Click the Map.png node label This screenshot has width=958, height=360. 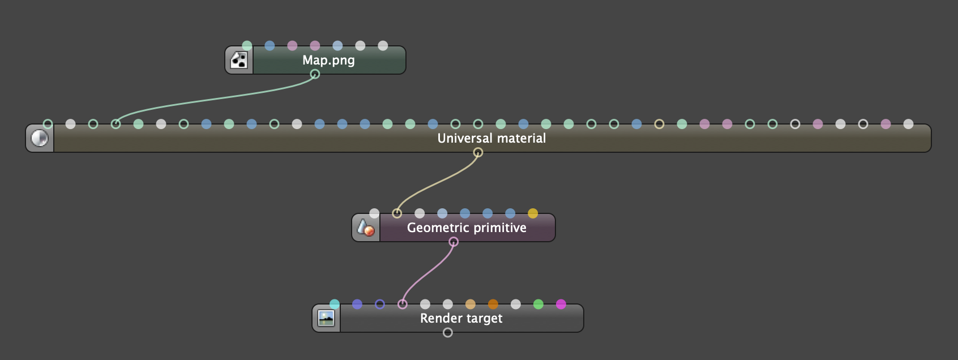coord(328,61)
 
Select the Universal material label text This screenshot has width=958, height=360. coord(491,139)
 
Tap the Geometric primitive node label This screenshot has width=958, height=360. coord(467,228)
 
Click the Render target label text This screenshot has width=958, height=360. coord(461,319)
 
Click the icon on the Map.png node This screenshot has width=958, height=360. coord(239,61)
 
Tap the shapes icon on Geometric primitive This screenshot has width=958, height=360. coord(366,228)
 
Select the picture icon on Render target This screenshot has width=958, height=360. coord(326,319)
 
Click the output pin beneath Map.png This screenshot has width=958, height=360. coord(315,74)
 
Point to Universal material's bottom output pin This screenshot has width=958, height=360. coord(478,152)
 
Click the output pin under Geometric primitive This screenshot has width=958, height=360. coord(454,242)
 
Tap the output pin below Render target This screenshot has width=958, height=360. coord(448,332)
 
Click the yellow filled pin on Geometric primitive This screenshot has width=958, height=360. coord(533,213)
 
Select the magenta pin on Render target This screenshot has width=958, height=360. coord(561,304)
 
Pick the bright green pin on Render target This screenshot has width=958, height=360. coord(538,304)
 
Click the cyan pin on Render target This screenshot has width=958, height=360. coord(335,304)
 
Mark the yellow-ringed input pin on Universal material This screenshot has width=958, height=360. coord(659,124)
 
